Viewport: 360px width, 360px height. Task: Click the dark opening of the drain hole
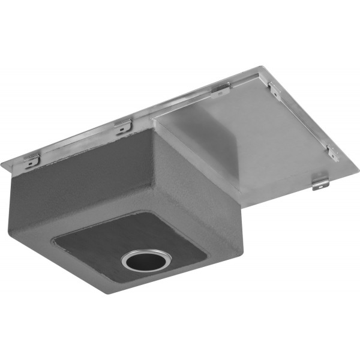coord(146,261)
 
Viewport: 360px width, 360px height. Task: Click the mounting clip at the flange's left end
coord(31,160)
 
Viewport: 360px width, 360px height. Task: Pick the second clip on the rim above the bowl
coord(124,126)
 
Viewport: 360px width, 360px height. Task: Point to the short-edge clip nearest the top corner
coord(275,91)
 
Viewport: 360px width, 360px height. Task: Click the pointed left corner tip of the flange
coord(2,167)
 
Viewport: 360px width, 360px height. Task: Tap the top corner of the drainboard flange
coord(262,67)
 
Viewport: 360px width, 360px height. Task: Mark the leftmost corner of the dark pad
coord(54,241)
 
